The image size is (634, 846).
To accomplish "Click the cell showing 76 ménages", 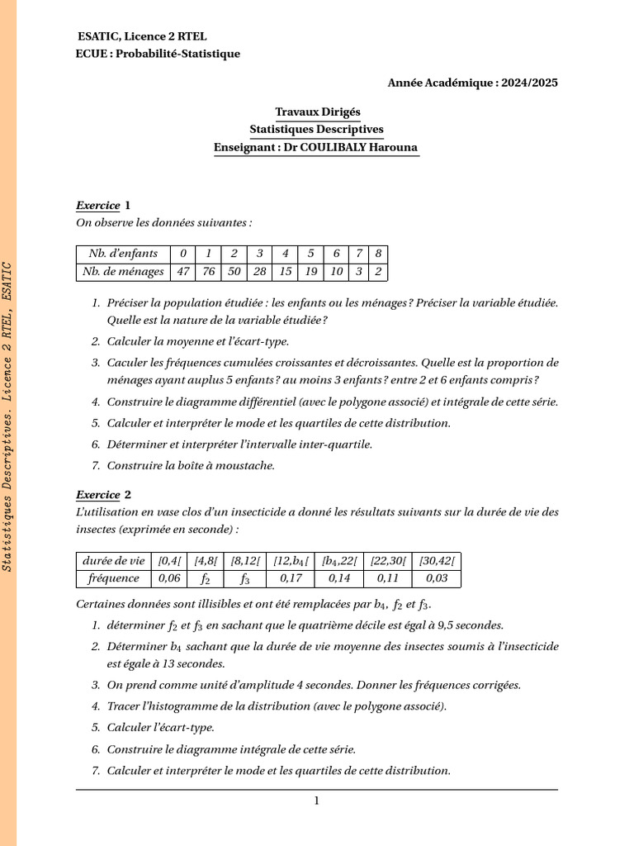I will pos(209,272).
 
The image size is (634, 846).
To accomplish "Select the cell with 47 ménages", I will pos(183,272).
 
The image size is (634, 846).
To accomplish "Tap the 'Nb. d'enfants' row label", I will pos(122,254).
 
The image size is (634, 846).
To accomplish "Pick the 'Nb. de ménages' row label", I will pos(122,272).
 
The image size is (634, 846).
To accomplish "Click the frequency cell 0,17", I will pos(291,578).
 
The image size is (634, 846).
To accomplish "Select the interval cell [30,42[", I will pos(436,560).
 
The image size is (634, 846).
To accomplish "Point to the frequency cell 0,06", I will pos(168,578).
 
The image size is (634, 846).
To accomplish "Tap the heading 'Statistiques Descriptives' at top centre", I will pos(317,130).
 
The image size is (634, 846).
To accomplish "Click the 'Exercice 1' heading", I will pos(103,205).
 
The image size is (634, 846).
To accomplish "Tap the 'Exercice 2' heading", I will pos(103,495).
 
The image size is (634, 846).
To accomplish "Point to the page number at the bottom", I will pos(316,801).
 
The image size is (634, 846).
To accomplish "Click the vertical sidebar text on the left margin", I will pos(7,417).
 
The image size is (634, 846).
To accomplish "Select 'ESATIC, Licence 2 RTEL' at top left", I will pos(142,37).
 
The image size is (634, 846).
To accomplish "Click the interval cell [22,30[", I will pos(387,560).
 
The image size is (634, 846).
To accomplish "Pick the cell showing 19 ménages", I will pos(310,272).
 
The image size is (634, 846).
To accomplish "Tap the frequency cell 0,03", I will pos(436,578).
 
